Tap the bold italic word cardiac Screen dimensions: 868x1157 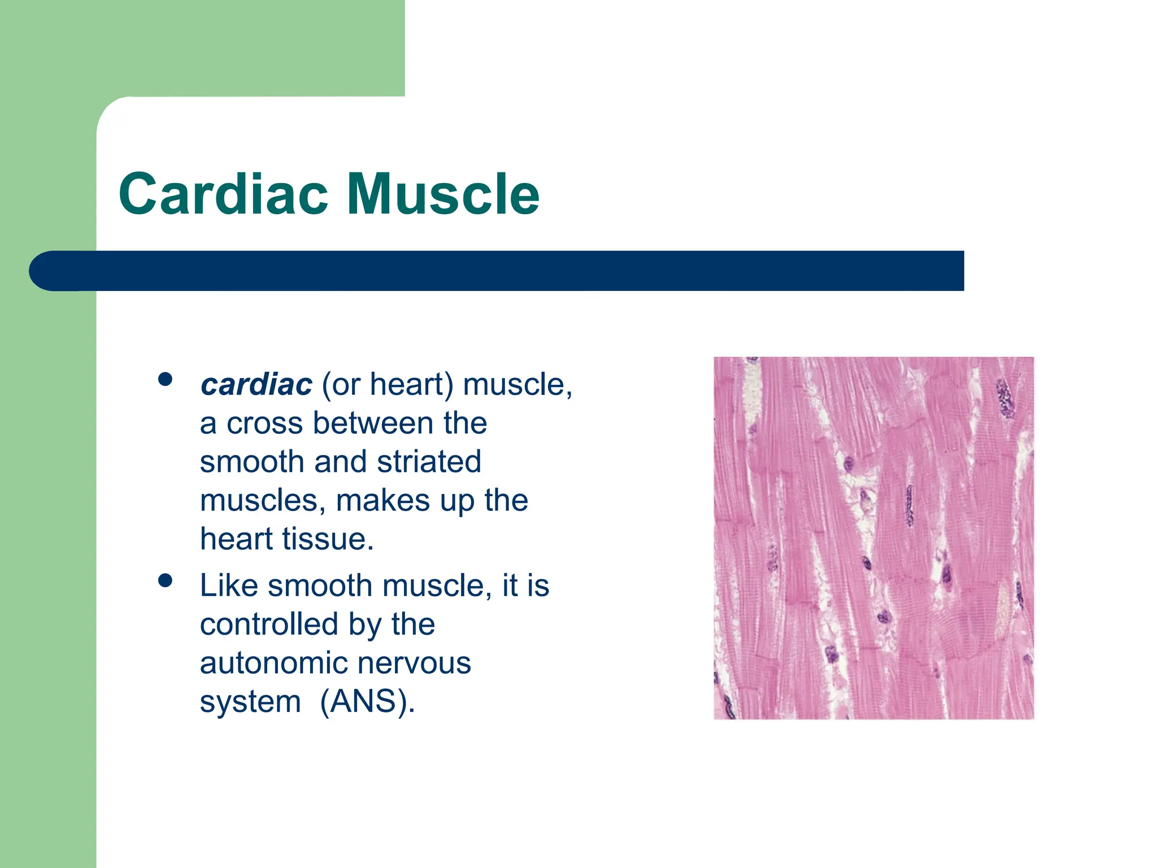256,385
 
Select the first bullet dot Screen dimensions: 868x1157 165,379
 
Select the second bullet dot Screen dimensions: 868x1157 165,580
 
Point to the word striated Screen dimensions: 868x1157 429,462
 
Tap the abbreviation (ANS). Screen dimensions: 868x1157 367,702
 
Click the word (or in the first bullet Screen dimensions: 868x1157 341,385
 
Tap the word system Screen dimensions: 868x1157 250,702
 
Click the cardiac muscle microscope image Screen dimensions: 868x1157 873,537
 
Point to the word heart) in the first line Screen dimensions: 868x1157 411,385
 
